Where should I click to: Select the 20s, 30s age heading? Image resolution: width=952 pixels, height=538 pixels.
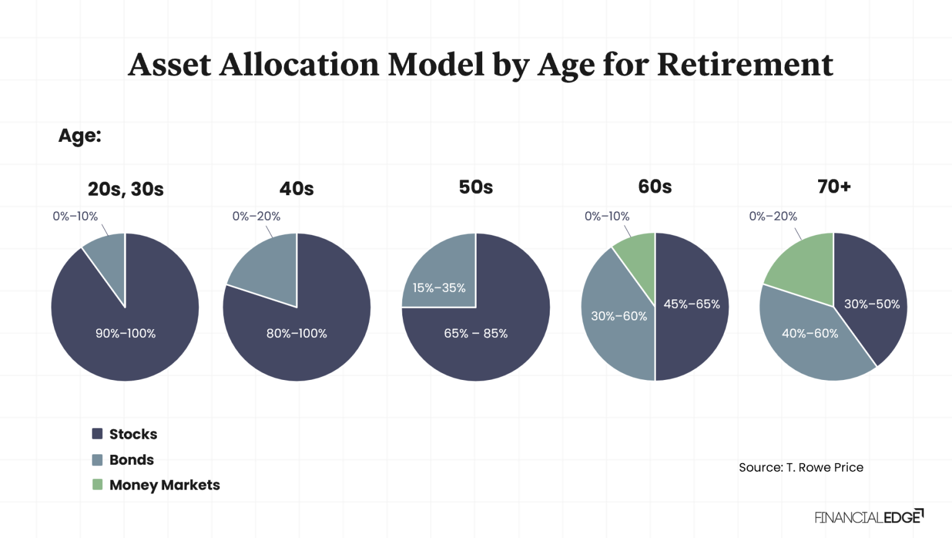click(125, 189)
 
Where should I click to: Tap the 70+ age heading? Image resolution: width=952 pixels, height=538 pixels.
click(834, 187)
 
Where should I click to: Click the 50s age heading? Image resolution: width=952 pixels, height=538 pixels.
click(475, 187)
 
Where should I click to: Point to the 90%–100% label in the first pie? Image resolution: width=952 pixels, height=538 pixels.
click(125, 333)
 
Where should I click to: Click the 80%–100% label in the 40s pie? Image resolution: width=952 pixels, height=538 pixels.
click(296, 333)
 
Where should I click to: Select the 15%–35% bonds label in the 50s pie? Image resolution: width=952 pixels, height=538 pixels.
click(439, 288)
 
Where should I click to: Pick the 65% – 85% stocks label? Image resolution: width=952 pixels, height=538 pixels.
click(475, 333)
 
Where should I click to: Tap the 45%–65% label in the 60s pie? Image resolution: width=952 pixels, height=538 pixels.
click(692, 304)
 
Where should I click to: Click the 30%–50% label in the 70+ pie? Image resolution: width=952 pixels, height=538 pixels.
click(871, 304)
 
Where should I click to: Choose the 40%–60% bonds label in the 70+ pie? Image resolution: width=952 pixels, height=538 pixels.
click(809, 333)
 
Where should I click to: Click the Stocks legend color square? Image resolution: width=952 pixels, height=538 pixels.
click(97, 434)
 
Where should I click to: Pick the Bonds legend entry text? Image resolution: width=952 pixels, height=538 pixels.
click(131, 460)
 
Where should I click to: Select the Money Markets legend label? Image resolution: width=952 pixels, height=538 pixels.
click(164, 485)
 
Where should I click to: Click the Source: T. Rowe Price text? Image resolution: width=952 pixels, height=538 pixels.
click(801, 467)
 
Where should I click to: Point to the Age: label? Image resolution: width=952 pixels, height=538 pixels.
click(79, 136)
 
